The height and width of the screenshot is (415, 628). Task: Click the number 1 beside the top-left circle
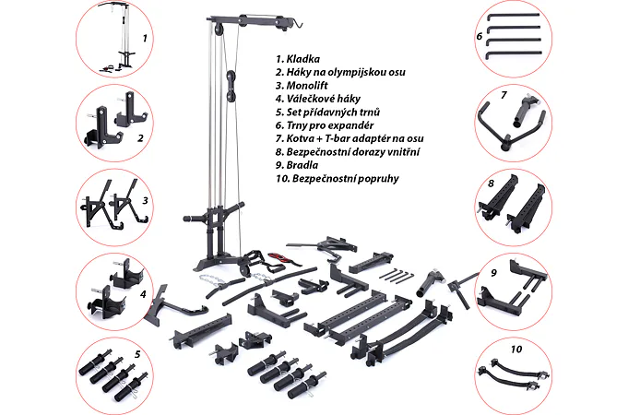(x=144, y=40)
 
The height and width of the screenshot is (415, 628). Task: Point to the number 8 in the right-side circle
(x=492, y=184)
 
